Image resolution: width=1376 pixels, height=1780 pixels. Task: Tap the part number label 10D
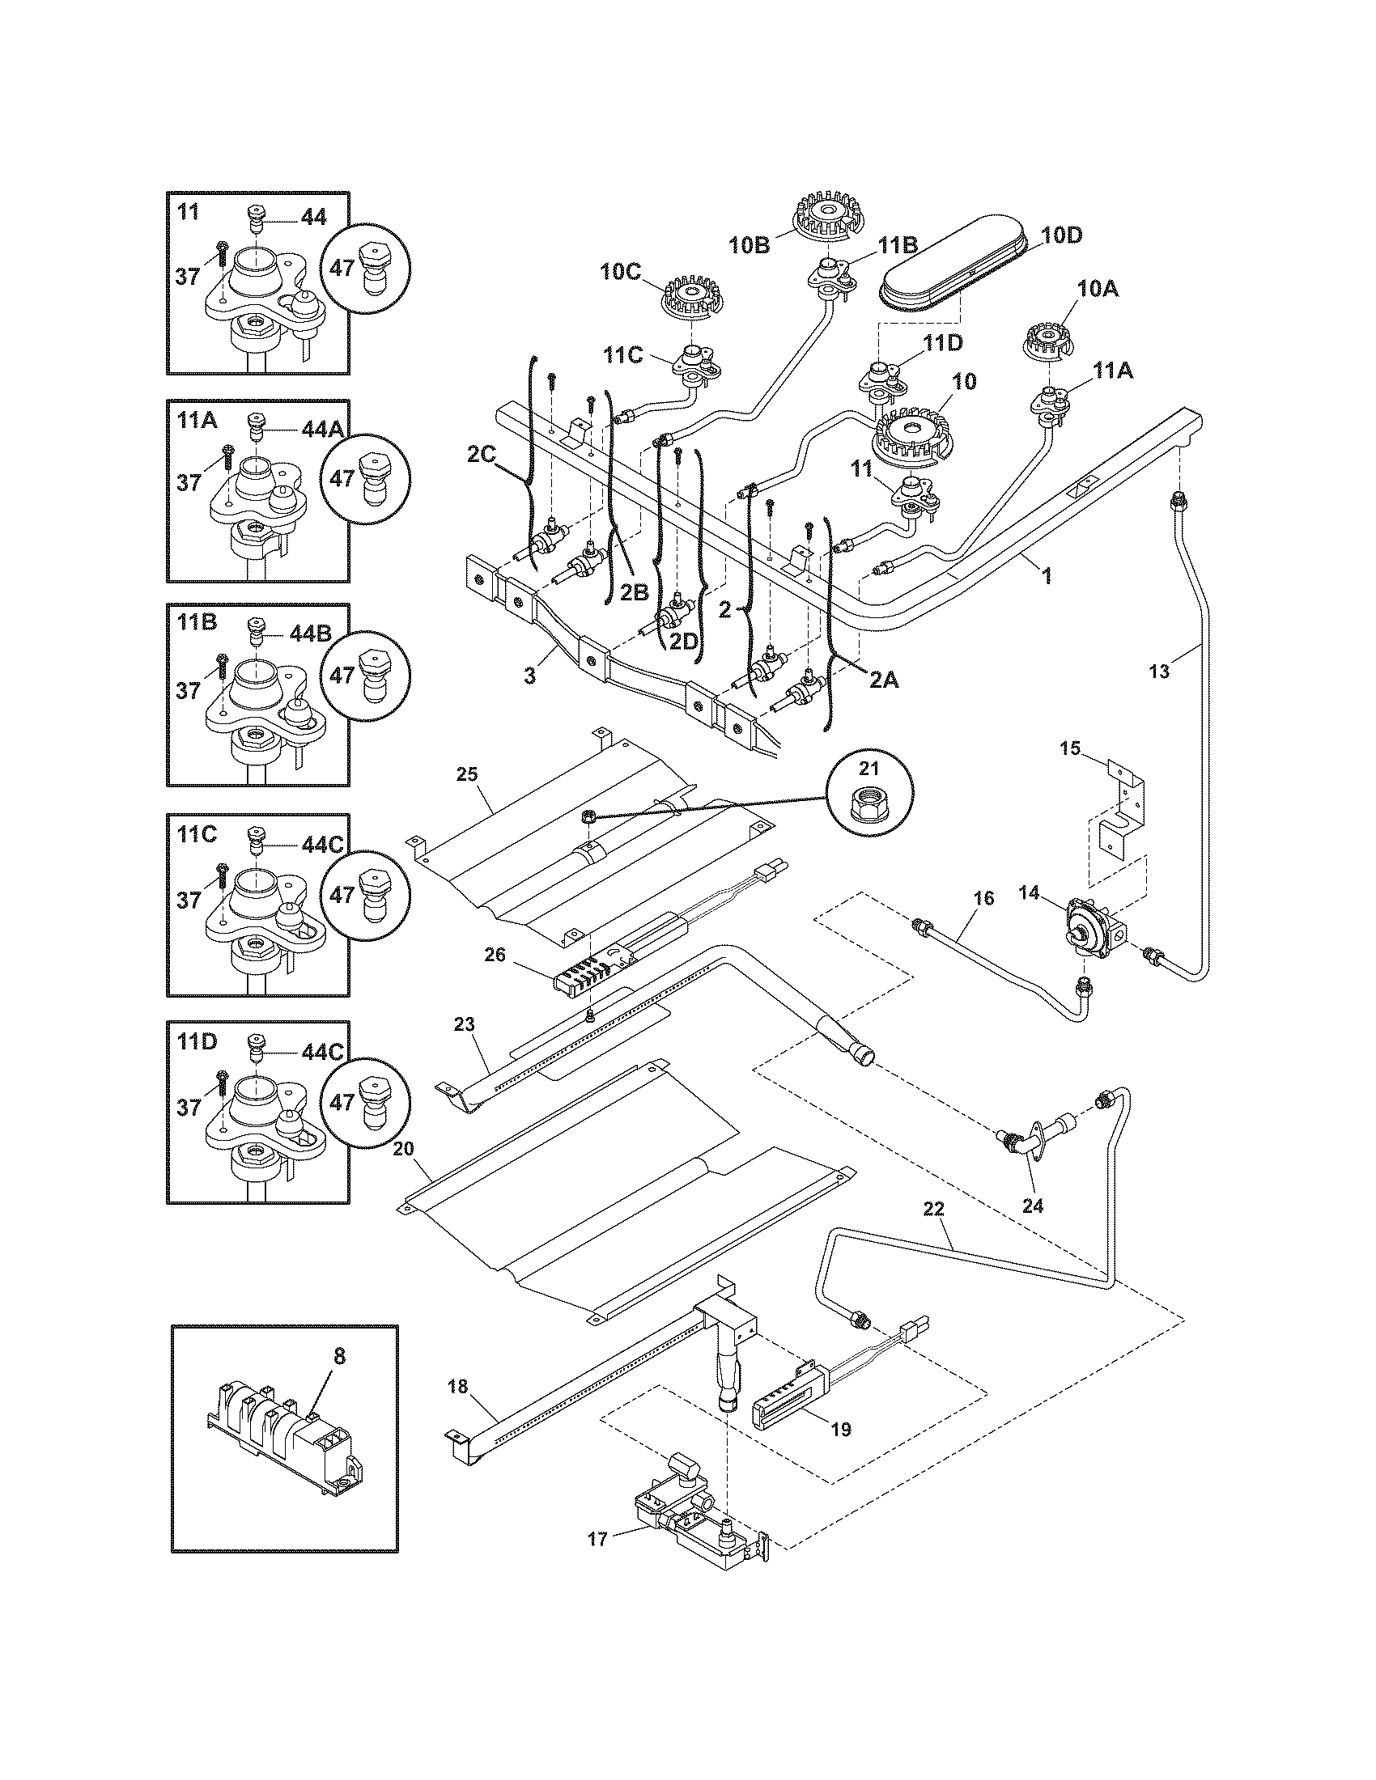pos(1062,235)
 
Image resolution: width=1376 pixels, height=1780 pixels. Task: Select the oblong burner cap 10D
pos(958,269)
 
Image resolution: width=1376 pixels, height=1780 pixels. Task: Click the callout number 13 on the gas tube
pos(1158,671)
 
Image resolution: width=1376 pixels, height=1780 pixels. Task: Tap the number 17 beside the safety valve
pos(597,1539)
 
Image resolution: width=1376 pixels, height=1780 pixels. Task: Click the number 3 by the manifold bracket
pos(530,675)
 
